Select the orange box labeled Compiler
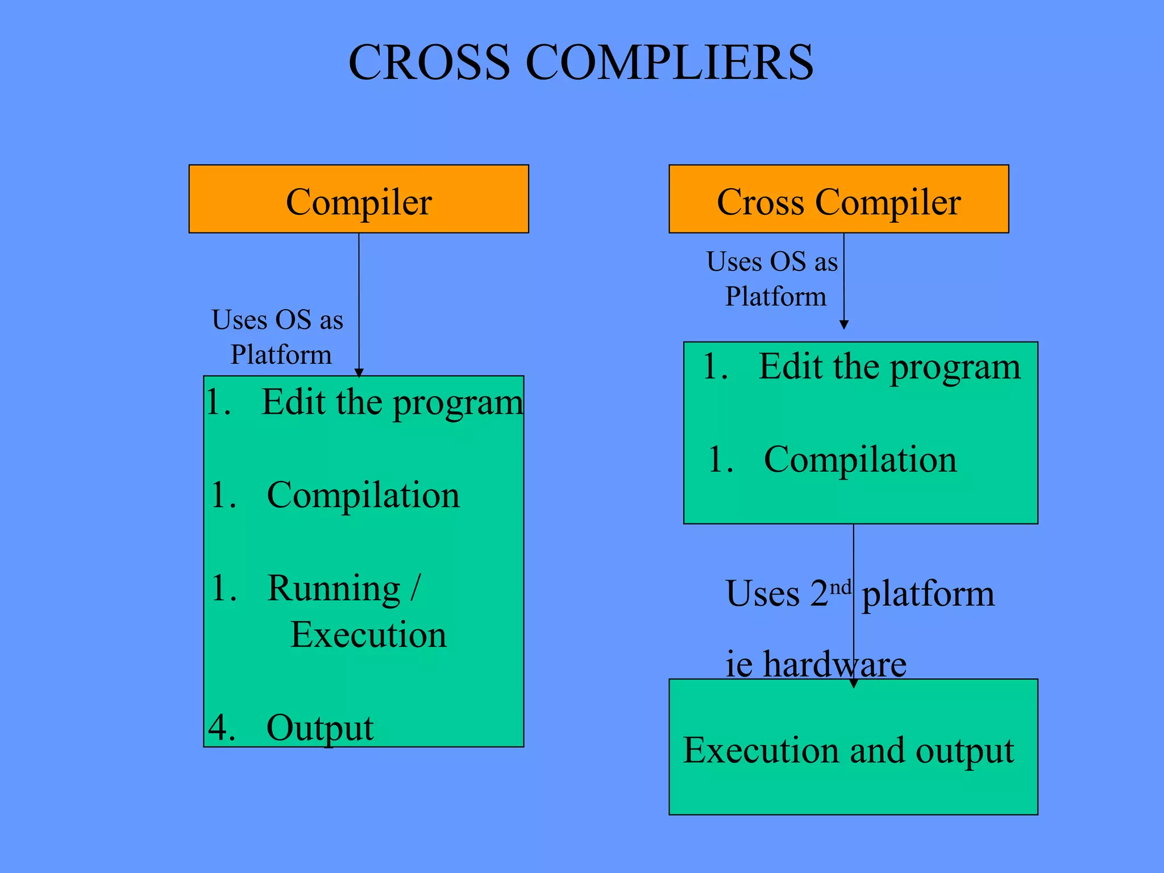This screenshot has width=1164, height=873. pyautogui.click(x=359, y=199)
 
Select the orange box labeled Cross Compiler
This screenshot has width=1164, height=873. pyautogui.click(x=838, y=199)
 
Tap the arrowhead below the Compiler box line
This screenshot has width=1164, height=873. pyautogui.click(x=359, y=373)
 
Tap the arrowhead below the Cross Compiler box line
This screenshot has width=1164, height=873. pyautogui.click(x=844, y=325)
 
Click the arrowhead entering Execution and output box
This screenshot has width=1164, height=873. pyautogui.click(x=853, y=683)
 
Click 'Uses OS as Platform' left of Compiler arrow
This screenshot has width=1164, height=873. pyautogui.click(x=278, y=336)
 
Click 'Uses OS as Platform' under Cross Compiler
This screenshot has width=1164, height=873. pyautogui.click(x=773, y=279)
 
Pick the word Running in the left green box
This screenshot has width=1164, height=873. pyautogui.click(x=334, y=588)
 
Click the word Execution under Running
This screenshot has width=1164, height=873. pyautogui.click(x=368, y=635)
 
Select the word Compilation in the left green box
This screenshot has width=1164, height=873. pyautogui.click(x=363, y=495)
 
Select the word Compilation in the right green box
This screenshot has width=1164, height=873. pyautogui.click(x=860, y=459)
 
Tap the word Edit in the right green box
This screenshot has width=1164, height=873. pyautogui.click(x=792, y=367)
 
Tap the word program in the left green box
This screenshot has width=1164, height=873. pyautogui.click(x=458, y=404)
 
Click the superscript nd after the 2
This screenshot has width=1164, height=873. pyautogui.click(x=840, y=587)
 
